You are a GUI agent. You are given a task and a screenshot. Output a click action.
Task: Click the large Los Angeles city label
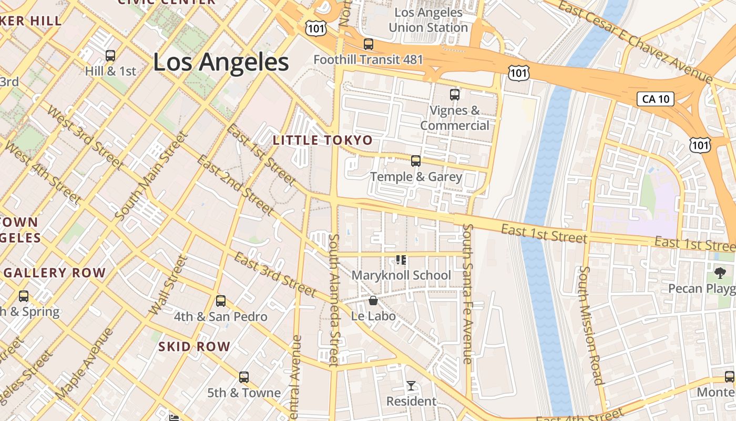221,62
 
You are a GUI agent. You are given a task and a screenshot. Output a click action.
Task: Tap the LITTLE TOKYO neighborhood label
323,141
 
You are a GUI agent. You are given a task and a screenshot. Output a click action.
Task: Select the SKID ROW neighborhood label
195,346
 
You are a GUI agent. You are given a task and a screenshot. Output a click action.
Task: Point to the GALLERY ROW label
55,273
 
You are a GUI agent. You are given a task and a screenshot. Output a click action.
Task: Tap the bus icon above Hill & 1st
110,56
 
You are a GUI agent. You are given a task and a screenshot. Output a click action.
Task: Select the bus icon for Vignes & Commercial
455,95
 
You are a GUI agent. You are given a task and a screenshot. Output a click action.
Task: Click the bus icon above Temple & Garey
416,161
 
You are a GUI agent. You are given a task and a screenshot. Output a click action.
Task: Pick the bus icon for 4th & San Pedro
221,301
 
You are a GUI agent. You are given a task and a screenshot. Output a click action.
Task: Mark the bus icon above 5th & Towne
243,377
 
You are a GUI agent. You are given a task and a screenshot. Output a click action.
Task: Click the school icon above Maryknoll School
401,259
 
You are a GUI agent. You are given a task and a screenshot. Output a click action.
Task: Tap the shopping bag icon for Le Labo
373,300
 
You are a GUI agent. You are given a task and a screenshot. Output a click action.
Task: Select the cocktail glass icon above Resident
411,386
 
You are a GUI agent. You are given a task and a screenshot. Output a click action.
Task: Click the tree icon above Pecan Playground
720,273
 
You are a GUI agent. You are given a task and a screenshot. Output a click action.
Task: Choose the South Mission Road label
590,325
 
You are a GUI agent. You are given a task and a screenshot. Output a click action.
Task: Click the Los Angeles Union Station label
428,20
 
